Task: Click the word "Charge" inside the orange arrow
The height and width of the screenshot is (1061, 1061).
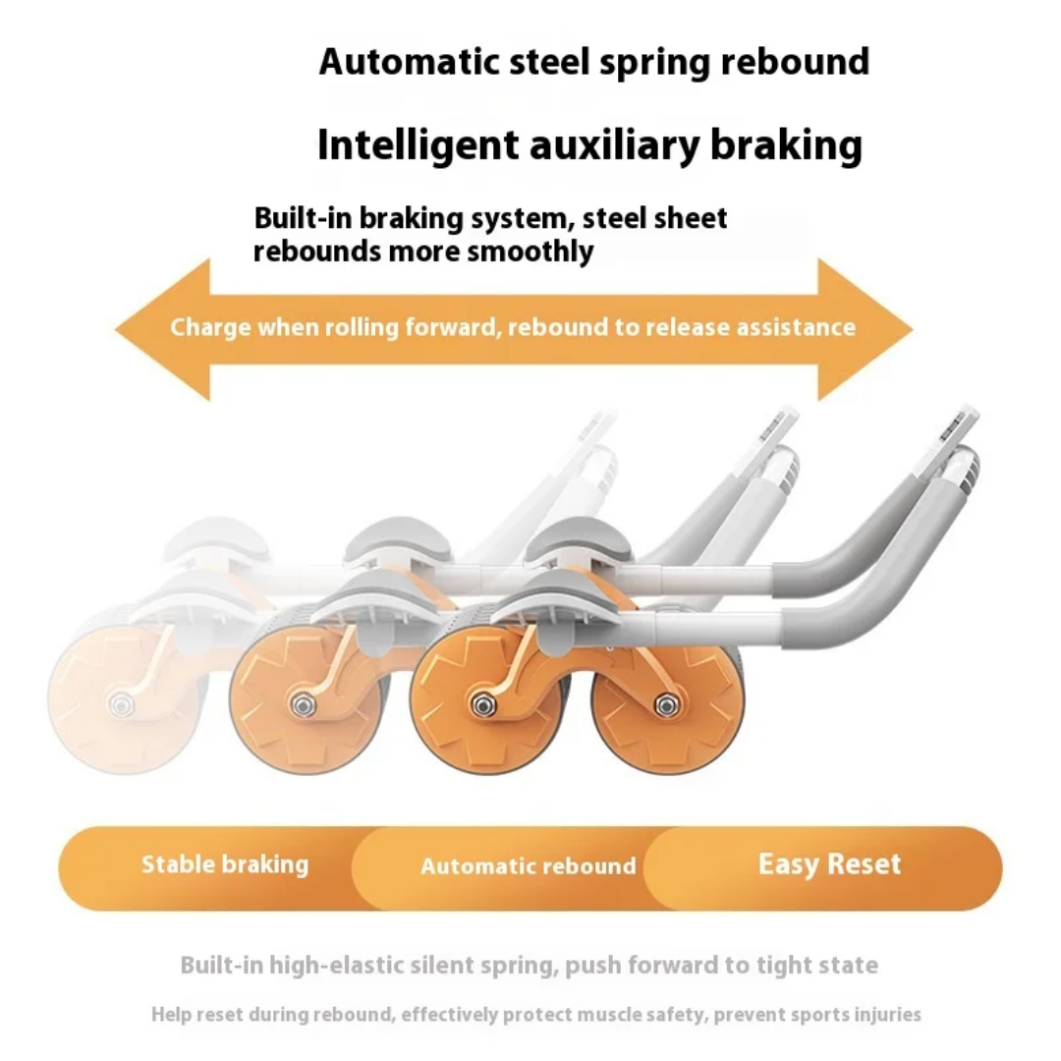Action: pyautogui.click(x=210, y=327)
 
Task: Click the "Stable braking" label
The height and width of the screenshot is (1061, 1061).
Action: pyautogui.click(x=225, y=865)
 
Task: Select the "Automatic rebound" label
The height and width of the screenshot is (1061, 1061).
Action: pyautogui.click(x=529, y=866)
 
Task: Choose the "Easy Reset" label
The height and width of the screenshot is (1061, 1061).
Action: pyautogui.click(x=829, y=865)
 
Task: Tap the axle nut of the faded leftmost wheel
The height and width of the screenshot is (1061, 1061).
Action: pyautogui.click(x=122, y=705)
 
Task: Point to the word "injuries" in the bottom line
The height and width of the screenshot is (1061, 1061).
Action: pyautogui.click(x=886, y=1014)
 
